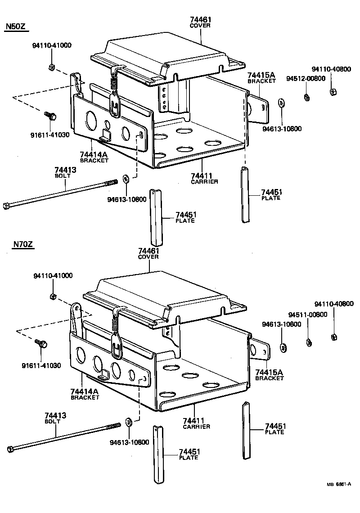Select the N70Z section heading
click(22, 245)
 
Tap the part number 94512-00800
click(306, 78)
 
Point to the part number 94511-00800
click(308, 315)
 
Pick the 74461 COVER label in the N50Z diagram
click(201, 22)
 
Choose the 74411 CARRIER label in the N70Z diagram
click(197, 423)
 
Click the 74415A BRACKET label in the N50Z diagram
click(261, 77)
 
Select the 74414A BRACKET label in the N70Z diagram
click(85, 394)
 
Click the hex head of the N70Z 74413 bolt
click(10, 449)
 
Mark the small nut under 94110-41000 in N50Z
click(51, 68)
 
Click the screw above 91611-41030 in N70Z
click(42, 344)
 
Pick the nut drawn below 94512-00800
click(306, 96)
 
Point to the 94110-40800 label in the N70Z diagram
click(334, 304)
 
